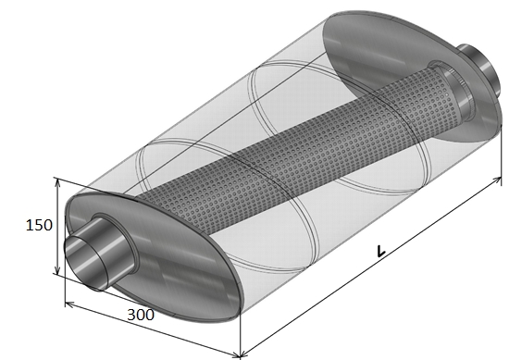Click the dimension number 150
[x=39, y=225]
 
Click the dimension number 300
[x=141, y=315]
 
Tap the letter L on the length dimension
[x=380, y=251]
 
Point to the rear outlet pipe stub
[x=478, y=68]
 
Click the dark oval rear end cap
[x=411, y=76]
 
